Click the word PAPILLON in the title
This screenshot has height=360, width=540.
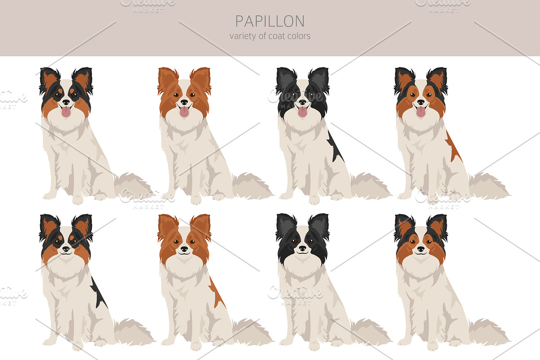(270, 21)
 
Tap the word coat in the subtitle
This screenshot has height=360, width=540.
(279, 36)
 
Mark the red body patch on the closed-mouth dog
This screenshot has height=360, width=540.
(217, 292)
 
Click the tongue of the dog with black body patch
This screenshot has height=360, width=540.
(302, 112)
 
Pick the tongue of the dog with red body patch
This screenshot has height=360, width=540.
(421, 112)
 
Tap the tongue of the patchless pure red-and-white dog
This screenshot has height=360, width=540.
(184, 112)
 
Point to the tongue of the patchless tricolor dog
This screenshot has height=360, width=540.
(66, 112)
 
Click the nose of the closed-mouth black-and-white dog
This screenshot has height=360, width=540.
(302, 248)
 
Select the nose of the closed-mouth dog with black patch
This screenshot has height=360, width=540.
(66, 249)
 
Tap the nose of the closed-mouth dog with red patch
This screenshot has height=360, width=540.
(184, 249)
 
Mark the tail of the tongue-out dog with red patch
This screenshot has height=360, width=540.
(490, 186)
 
